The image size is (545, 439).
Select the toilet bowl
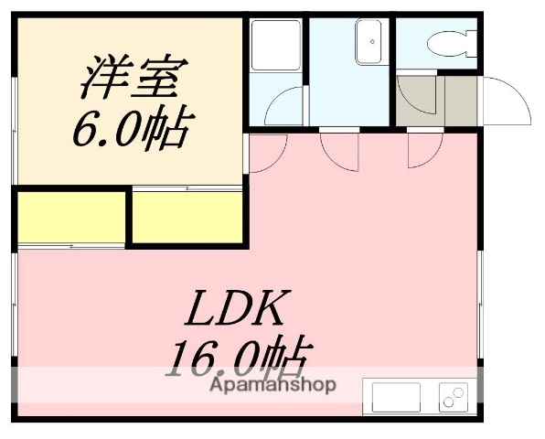(443, 41)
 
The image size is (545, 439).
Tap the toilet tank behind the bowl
(471, 41)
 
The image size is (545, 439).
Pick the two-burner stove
(453, 397)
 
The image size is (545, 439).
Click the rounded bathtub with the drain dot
(370, 42)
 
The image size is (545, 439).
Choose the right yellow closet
(187, 217)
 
